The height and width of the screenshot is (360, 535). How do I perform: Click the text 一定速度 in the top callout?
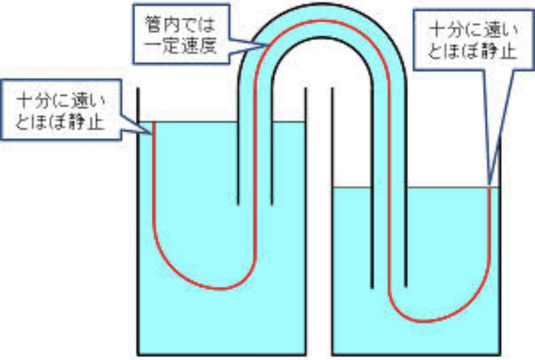click(181, 46)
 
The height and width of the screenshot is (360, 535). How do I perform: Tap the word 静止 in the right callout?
click(499, 52)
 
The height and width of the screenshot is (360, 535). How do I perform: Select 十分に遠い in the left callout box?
click(62, 101)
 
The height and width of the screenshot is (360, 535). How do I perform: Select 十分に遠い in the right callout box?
click(473, 31)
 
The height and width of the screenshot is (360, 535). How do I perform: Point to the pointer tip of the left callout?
click(152, 134)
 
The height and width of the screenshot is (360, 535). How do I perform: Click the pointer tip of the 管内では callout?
click(268, 44)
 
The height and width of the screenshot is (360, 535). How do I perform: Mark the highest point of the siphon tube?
click(322, 4)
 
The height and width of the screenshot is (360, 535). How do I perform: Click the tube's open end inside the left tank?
click(255, 205)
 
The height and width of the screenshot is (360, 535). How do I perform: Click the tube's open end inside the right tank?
click(389, 287)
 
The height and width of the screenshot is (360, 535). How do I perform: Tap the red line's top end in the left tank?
click(154, 122)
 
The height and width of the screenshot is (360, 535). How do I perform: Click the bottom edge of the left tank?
click(222, 355)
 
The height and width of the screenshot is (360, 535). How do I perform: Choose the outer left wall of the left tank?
click(138, 221)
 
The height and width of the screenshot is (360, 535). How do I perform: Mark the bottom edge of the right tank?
click(416, 355)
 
